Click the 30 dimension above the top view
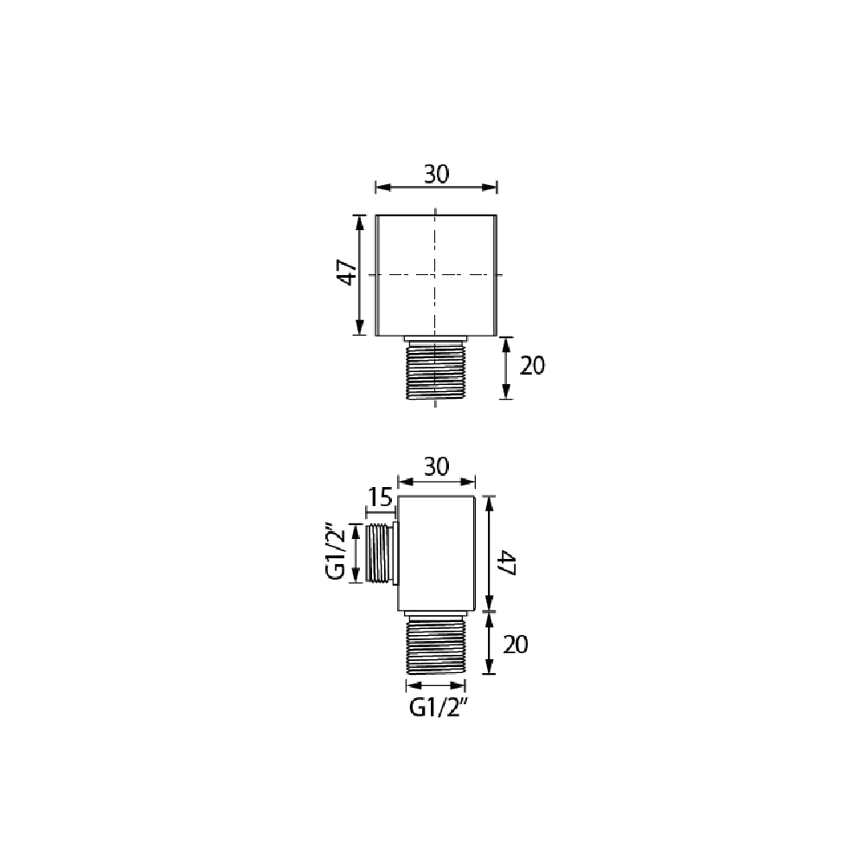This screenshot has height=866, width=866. pos(436,175)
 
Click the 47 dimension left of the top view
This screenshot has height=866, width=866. pos(348,273)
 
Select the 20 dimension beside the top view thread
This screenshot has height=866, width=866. pos(532,366)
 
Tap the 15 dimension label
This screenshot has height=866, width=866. pos(380,497)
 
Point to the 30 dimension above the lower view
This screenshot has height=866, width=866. pos(436,467)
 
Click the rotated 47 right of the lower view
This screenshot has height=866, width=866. pos(507,563)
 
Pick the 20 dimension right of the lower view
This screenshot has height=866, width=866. pos(516,645)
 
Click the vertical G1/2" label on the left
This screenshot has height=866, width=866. pos(337,553)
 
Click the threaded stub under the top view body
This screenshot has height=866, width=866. pos(436,368)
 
